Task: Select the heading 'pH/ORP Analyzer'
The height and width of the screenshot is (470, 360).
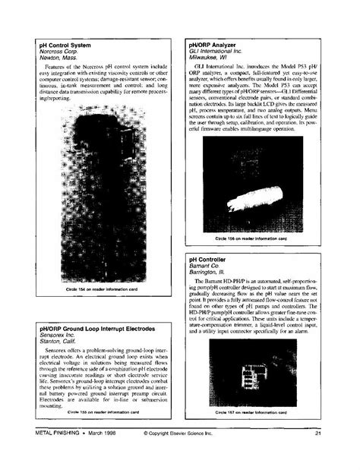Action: point(214,45)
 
